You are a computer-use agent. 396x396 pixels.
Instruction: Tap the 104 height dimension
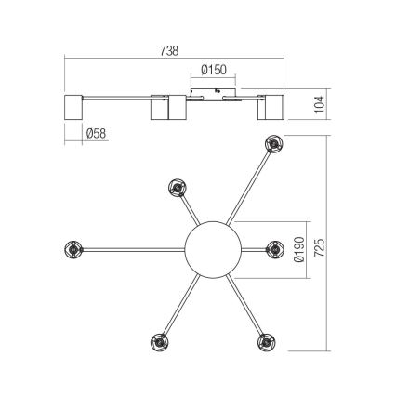tap(318, 102)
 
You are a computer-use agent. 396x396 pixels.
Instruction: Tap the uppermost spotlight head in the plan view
tap(273, 143)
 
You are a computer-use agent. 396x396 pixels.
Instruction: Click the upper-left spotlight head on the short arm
tap(176, 188)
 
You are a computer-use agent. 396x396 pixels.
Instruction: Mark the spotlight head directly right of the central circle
tap(273, 248)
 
